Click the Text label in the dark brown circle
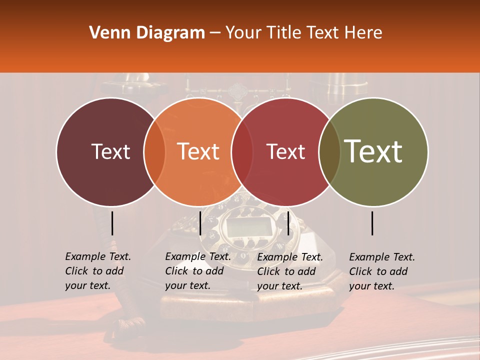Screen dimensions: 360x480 (x=110, y=151)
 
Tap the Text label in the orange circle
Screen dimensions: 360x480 (x=198, y=151)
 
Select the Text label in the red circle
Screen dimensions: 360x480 (x=286, y=151)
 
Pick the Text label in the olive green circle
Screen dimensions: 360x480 (x=373, y=151)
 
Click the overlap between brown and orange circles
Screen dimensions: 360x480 (x=154, y=152)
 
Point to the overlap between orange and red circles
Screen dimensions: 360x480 (x=242, y=152)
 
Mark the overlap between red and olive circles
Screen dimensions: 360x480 (x=329, y=152)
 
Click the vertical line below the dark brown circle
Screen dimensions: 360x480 (x=112, y=223)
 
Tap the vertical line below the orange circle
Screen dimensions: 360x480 (x=200, y=223)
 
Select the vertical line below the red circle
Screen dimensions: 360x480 (x=288, y=223)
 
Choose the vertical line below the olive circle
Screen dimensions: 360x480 (x=372, y=223)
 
